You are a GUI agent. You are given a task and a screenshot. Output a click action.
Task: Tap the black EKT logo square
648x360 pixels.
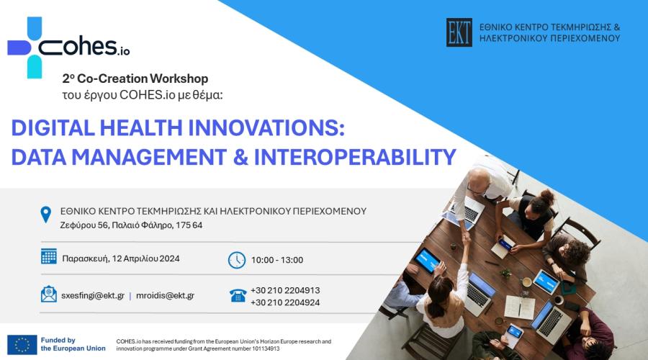459,32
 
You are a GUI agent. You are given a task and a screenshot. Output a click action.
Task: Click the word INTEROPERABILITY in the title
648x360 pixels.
354,157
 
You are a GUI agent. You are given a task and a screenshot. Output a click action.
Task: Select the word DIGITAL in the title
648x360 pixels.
53,127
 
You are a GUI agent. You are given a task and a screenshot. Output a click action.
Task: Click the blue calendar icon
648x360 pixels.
49,256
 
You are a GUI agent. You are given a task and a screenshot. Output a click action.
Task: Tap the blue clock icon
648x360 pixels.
237,261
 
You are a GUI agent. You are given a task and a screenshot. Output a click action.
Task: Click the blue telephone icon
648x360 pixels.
238,295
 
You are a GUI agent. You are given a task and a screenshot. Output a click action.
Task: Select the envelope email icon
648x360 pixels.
49,294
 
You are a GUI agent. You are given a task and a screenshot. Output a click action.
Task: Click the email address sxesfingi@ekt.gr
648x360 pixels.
93,295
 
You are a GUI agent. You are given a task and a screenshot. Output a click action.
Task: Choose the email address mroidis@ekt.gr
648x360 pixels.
166,295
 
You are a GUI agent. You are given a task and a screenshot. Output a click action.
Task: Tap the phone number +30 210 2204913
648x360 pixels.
285,290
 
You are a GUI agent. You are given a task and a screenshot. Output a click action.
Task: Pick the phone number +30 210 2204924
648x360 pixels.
285,302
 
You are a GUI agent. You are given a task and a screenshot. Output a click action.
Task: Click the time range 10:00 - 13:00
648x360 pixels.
277,260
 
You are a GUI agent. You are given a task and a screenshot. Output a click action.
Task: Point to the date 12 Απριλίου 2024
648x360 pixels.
146,258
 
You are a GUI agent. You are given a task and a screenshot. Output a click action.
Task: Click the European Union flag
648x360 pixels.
22,345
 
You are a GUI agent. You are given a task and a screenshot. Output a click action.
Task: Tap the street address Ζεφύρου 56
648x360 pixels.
84,225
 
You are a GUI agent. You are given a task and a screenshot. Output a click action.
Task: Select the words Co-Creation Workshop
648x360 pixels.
143,78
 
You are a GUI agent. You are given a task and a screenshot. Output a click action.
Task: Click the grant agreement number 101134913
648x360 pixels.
265,349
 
